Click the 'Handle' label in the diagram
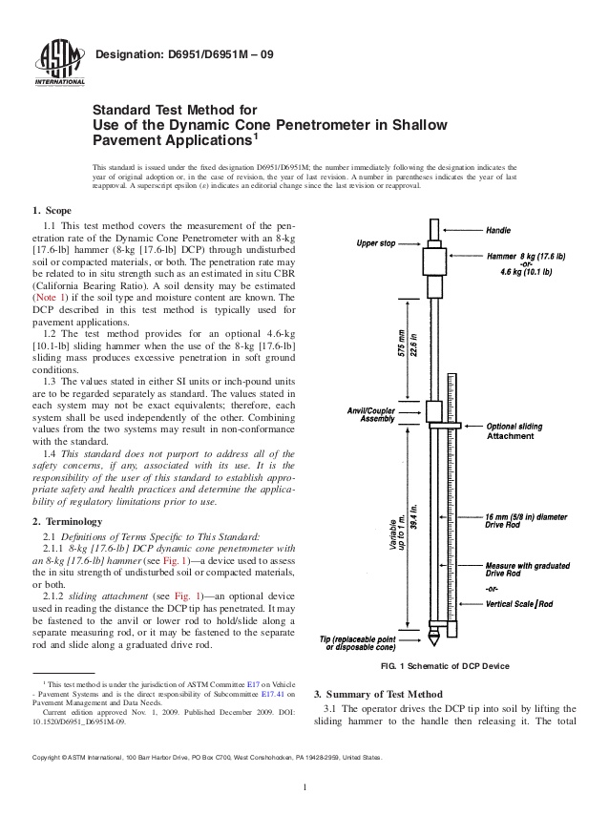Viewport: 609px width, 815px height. coord(499,231)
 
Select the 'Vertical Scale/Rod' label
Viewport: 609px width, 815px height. coord(519,604)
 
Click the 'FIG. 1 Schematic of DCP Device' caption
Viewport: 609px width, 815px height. coord(445,665)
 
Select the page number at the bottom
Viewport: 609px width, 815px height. coord(304,786)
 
